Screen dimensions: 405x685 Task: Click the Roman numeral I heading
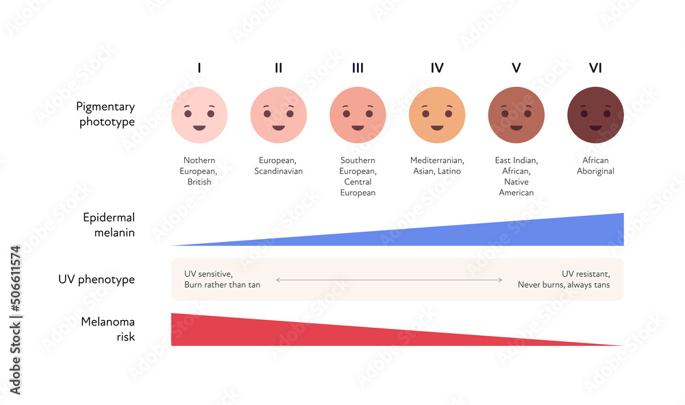(x=199, y=68)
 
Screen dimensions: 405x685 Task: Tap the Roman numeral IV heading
(x=437, y=68)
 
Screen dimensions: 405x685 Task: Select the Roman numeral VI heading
(x=595, y=68)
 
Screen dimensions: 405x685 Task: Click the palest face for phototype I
(x=199, y=115)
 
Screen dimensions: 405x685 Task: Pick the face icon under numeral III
(x=358, y=115)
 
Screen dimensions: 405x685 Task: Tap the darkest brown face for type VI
(x=595, y=115)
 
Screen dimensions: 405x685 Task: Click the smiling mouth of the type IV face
(x=437, y=127)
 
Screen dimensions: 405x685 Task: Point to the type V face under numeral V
(x=516, y=115)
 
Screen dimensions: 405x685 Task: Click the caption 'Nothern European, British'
(x=199, y=171)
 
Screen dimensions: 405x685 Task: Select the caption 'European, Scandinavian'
(x=278, y=166)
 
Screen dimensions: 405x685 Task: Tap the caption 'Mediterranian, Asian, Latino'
(x=437, y=166)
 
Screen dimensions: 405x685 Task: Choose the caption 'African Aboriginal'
(x=595, y=166)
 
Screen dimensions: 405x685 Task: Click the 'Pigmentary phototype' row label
(x=105, y=114)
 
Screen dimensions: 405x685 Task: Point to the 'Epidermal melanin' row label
(x=108, y=225)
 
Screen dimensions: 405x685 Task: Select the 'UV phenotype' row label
(x=97, y=280)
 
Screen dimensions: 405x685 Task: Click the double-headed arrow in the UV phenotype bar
(x=389, y=280)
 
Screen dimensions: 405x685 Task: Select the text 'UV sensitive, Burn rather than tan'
(x=222, y=280)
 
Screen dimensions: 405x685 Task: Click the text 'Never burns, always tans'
(x=563, y=285)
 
